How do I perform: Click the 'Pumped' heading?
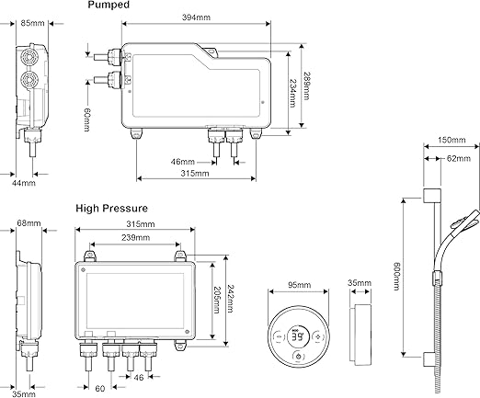pos(109,5)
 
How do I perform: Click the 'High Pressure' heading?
pos(112,209)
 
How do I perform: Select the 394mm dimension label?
pos(196,17)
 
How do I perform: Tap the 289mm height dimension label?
pos(306,85)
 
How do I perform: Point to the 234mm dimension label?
pos(292,93)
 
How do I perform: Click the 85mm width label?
pos(32,23)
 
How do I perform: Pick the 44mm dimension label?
pos(24,183)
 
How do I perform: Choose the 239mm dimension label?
pos(135,237)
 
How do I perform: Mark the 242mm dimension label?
pos(230,299)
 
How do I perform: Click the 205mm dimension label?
pos(216,300)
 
